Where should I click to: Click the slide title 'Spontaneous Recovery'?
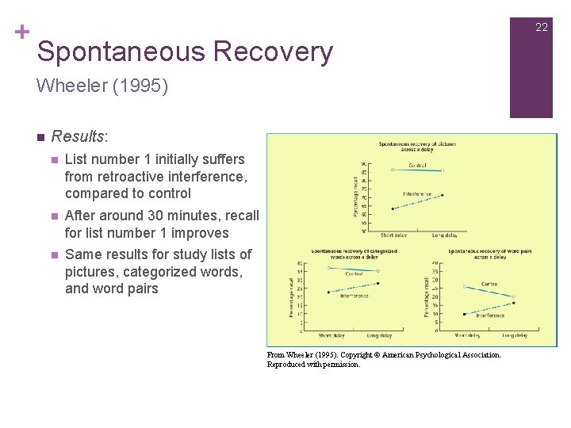[x=184, y=52]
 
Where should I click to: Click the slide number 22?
[x=541, y=27]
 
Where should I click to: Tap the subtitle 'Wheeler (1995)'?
[x=102, y=86]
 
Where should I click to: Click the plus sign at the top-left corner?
[x=21, y=32]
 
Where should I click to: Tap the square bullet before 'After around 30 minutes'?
[x=55, y=216]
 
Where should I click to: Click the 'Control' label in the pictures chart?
[x=417, y=166]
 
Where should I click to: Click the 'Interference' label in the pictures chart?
[x=417, y=193]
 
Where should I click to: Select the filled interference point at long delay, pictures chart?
[x=443, y=195]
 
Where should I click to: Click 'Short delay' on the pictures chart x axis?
[x=394, y=235]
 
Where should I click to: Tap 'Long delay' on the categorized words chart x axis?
[x=379, y=336]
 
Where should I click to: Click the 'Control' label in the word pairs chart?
[x=489, y=284]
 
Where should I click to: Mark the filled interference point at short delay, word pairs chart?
[x=464, y=314]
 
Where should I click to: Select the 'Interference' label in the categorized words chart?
[x=354, y=296]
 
